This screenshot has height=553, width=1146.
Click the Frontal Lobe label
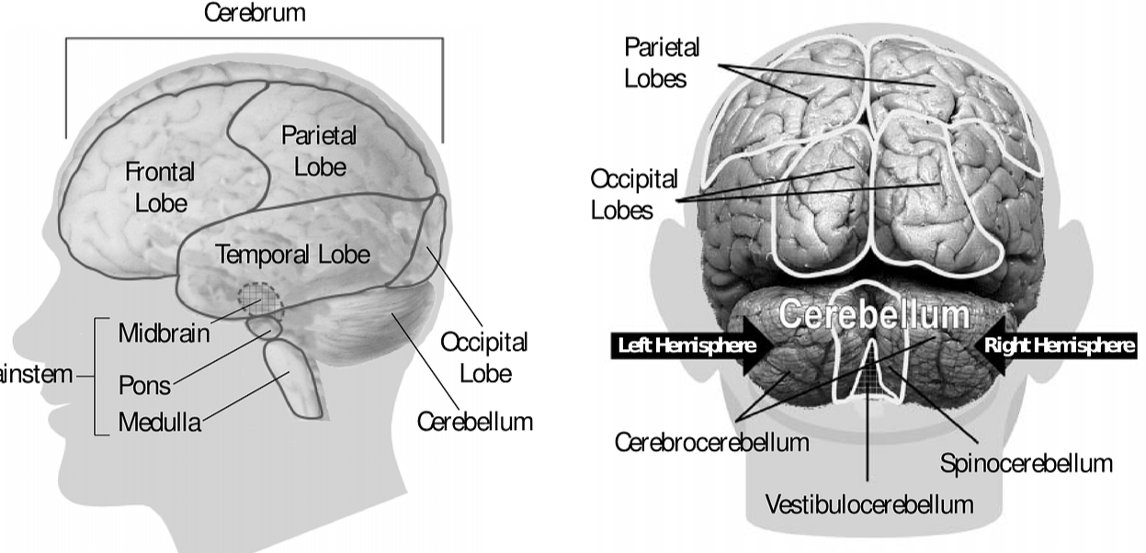coord(160,186)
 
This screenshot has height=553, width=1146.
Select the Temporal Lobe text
coord(292,254)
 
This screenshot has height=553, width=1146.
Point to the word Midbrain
coord(164,333)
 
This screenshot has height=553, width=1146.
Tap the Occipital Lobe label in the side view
coord(485,357)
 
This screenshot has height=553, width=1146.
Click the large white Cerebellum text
coord(874,314)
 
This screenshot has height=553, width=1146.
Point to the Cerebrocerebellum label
coord(711,442)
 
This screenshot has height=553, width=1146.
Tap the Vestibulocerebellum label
coord(868,503)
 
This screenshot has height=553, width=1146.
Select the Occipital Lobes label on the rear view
coord(634,194)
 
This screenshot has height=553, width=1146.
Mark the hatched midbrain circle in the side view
coord(258,296)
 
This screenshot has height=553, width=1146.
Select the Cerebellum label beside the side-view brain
coord(475,422)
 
